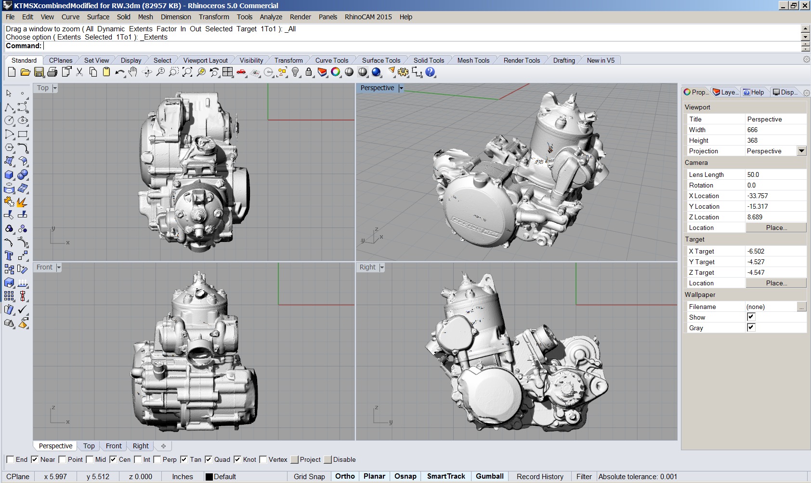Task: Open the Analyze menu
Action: [x=271, y=17]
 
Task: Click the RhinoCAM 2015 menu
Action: [x=368, y=17]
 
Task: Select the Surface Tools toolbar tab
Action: [x=381, y=61]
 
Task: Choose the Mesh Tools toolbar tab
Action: [x=473, y=61]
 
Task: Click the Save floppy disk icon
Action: [x=39, y=72]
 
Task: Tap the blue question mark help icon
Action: [x=430, y=72]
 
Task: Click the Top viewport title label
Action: [x=43, y=88]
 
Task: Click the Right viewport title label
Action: [x=367, y=268]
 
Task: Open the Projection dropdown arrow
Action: [x=801, y=151]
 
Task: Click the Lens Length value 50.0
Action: [x=753, y=174]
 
